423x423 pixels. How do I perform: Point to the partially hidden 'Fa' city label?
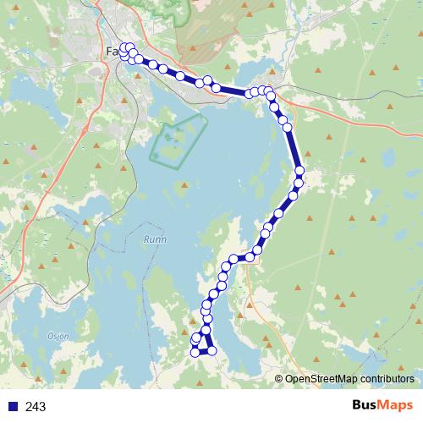pyautogui.click(x=112, y=52)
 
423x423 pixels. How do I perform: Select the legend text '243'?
pyautogui.click(x=36, y=407)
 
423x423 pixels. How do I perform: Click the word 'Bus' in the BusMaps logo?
pyautogui.click(x=368, y=406)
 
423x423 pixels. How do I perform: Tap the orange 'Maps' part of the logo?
pyautogui.click(x=399, y=406)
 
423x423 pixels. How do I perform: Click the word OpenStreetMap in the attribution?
pyautogui.click(x=325, y=379)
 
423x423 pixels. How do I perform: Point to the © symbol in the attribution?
pyautogui.click(x=279, y=379)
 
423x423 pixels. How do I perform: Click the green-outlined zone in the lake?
pyautogui.click(x=178, y=139)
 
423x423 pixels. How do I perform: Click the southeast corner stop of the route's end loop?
pyautogui.click(x=212, y=350)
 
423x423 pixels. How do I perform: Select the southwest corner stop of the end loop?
pyautogui.click(x=195, y=352)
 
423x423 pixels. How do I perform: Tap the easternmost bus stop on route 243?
pyautogui.click(x=299, y=173)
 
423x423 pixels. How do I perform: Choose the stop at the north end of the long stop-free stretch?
pyautogui.click(x=288, y=128)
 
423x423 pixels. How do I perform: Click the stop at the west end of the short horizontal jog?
pyautogui.click(x=234, y=258)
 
